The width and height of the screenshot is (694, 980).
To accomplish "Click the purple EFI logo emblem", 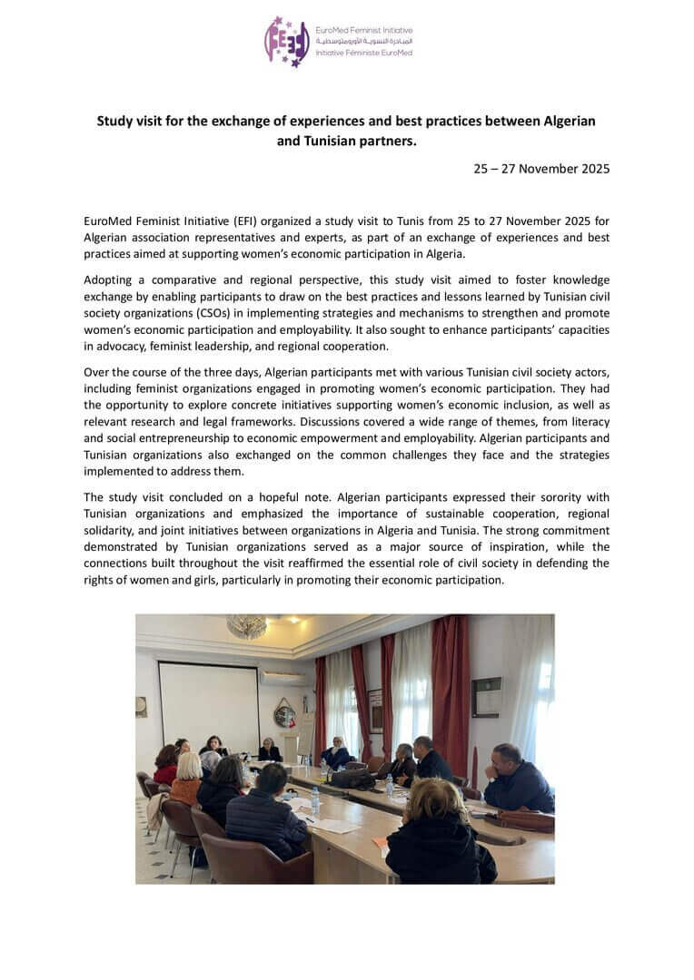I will tap(286, 42).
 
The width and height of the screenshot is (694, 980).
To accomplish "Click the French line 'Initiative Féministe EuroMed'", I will tap(363, 53).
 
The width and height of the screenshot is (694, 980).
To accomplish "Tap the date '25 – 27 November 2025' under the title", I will tap(541, 169).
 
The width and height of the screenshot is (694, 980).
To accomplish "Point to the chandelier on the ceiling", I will tap(246, 626).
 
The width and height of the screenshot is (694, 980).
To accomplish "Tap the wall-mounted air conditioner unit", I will tap(283, 677).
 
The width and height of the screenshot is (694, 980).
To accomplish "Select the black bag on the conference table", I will tap(352, 778).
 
